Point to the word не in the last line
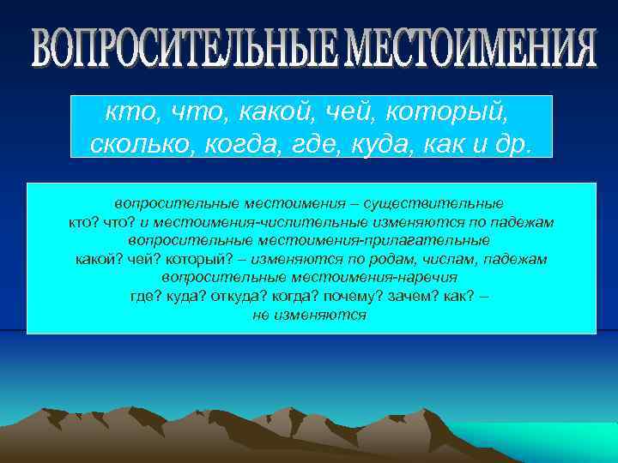pos(260,315)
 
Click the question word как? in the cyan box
pos(467,295)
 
